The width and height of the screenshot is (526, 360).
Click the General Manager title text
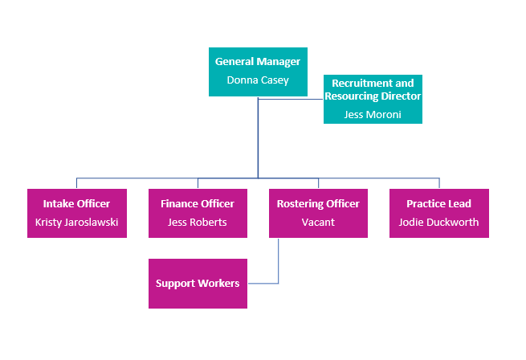point(258,62)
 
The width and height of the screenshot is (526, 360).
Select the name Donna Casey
point(258,80)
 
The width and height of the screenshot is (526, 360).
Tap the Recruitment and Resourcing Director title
point(373,89)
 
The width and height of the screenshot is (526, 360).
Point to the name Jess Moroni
point(373,115)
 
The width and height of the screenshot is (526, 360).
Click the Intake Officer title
point(76,204)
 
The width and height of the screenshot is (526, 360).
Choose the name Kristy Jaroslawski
point(76,223)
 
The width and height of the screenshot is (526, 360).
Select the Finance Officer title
point(198,204)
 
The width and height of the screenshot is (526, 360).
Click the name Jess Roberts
point(198,223)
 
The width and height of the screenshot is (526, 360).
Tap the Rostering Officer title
point(318,204)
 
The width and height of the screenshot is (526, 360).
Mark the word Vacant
point(318,223)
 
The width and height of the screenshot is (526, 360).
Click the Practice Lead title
point(438,204)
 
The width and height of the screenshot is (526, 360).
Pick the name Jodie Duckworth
point(438,223)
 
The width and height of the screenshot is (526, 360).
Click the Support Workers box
point(198,284)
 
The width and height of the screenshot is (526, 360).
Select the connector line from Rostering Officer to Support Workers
point(278,265)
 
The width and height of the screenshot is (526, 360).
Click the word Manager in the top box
point(279,62)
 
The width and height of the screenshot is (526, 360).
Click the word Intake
point(59,204)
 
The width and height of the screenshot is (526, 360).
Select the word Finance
point(179,204)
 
